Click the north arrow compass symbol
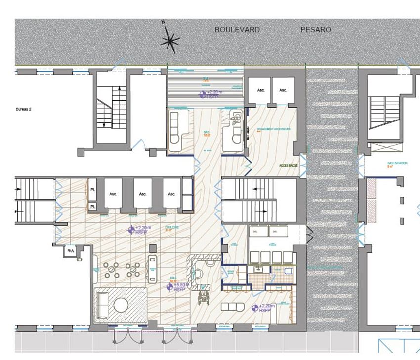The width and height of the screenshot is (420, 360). click(169, 39)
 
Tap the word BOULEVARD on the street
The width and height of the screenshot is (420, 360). click(237, 30)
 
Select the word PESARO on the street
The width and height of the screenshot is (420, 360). click(316, 30)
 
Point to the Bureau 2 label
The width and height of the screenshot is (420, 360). click(24, 109)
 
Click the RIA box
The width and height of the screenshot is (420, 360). click(69, 251)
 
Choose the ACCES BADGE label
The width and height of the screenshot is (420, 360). click(288, 166)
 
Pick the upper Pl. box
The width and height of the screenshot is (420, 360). click(92, 190)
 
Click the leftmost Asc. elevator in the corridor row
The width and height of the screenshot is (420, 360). click(113, 194)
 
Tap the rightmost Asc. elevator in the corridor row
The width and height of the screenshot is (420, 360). click(171, 194)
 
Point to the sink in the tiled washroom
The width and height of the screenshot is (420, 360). click(258, 270)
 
